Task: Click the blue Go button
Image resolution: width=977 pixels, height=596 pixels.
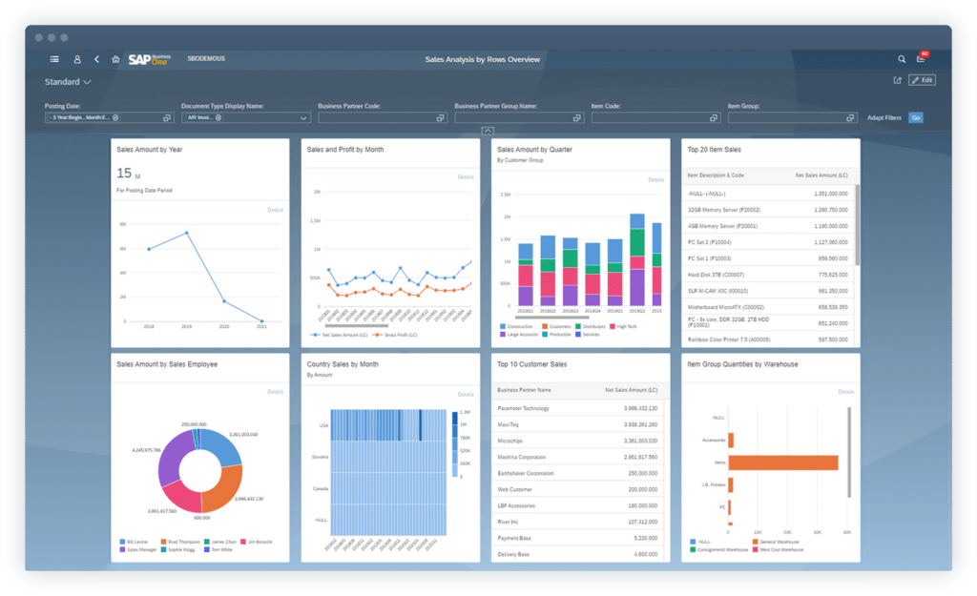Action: [x=915, y=117]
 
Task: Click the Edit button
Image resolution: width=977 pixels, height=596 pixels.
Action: [x=922, y=80]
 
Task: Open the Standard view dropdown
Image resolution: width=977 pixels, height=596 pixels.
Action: [x=68, y=82]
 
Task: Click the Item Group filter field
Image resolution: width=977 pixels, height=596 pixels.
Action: [x=786, y=117]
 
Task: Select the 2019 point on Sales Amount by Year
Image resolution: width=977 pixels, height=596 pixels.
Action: [x=186, y=233]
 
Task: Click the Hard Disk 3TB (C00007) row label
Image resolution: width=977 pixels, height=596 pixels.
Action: [x=714, y=274]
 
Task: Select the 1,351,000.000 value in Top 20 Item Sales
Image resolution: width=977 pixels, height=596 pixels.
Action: [x=827, y=193]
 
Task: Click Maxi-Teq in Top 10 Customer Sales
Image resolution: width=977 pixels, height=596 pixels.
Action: [x=509, y=424]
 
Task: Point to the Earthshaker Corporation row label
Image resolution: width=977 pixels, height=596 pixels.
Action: [x=526, y=473]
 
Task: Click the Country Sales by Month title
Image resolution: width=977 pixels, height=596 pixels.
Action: [x=342, y=363]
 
